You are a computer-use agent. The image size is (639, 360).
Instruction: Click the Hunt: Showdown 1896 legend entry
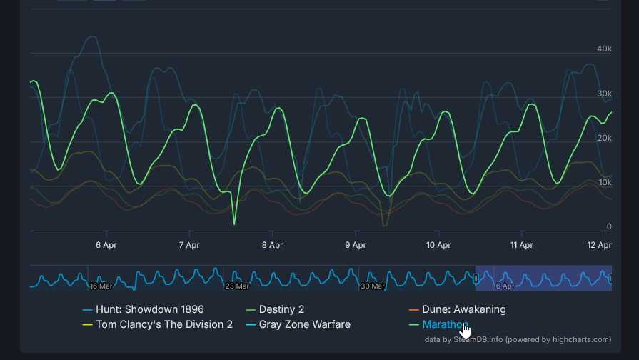click(x=143, y=309)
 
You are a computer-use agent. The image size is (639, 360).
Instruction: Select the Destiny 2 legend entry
click(x=275, y=309)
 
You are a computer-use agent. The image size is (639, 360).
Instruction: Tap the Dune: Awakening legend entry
click(x=457, y=309)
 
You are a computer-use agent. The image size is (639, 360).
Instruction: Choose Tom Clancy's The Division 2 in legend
click(x=158, y=324)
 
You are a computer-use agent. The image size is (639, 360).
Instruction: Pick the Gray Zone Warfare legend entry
click(x=298, y=324)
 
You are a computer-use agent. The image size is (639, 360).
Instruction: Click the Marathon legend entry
click(x=438, y=324)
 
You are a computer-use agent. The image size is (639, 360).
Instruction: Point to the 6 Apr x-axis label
click(x=106, y=245)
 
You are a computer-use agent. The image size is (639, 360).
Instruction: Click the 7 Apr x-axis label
click(x=189, y=245)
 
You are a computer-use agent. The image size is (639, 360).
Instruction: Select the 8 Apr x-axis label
click(x=273, y=245)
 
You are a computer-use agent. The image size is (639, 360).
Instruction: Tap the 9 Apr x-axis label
click(x=356, y=245)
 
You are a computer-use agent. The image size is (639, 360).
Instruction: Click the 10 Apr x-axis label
click(x=438, y=245)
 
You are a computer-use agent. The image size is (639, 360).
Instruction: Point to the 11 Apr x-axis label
click(x=522, y=245)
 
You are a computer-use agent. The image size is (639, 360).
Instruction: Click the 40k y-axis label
click(x=604, y=49)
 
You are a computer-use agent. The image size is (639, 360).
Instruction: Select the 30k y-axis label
click(x=604, y=94)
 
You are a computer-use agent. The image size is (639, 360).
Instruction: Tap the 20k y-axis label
click(x=604, y=138)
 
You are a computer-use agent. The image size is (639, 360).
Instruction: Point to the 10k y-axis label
click(x=605, y=182)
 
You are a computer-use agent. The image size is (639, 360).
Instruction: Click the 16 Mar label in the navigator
click(x=101, y=286)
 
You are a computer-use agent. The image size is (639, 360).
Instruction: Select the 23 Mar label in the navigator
click(x=237, y=286)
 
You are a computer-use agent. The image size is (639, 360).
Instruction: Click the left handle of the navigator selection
click(x=476, y=279)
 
